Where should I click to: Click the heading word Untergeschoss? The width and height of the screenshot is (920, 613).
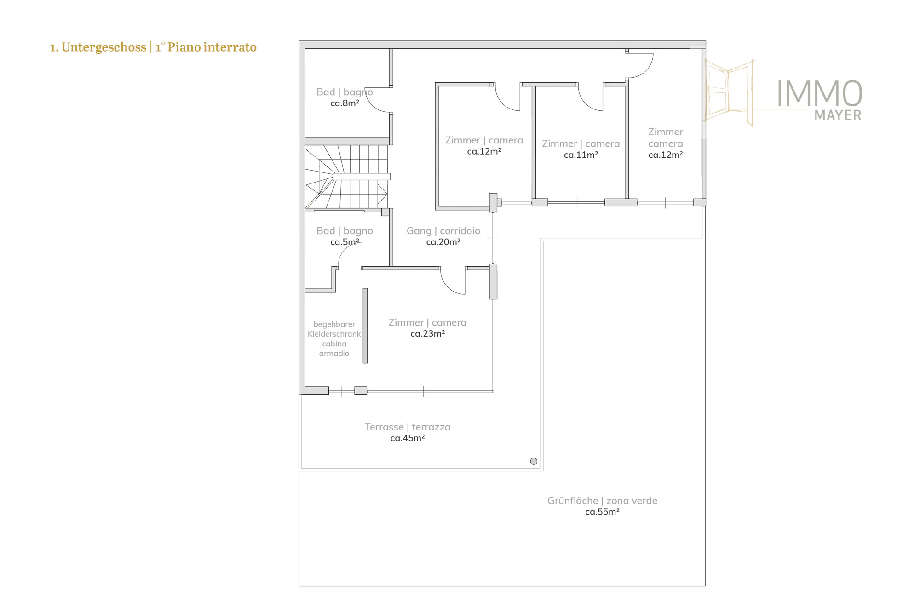pos(103,47)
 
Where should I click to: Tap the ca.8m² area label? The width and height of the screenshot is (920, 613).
pos(345,103)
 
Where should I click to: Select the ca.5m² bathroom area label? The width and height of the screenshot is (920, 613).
pos(345,242)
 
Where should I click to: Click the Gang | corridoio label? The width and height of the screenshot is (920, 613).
pos(443,231)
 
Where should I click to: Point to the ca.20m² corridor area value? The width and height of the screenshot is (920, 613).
pos(443,242)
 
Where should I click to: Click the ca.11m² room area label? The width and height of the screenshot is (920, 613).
pos(581,155)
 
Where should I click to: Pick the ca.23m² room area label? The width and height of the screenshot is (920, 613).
pos(427,334)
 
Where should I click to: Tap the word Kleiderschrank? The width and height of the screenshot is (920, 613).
pos(334,334)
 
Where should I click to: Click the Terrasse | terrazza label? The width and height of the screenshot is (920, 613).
pos(407,427)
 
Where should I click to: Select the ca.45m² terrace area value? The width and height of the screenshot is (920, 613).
pos(407,438)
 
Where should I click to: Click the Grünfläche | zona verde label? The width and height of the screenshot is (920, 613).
pos(602,501)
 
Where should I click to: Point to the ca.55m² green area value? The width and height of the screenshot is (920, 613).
pos(602,512)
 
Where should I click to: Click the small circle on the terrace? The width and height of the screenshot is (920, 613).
pos(534,461)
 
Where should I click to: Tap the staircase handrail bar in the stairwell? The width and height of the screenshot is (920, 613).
pos(362,177)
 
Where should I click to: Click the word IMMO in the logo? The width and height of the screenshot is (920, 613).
pos(819,94)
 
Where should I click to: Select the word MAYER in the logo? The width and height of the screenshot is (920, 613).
pos(838,115)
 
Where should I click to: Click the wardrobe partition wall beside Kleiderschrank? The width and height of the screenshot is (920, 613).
pos(365,326)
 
